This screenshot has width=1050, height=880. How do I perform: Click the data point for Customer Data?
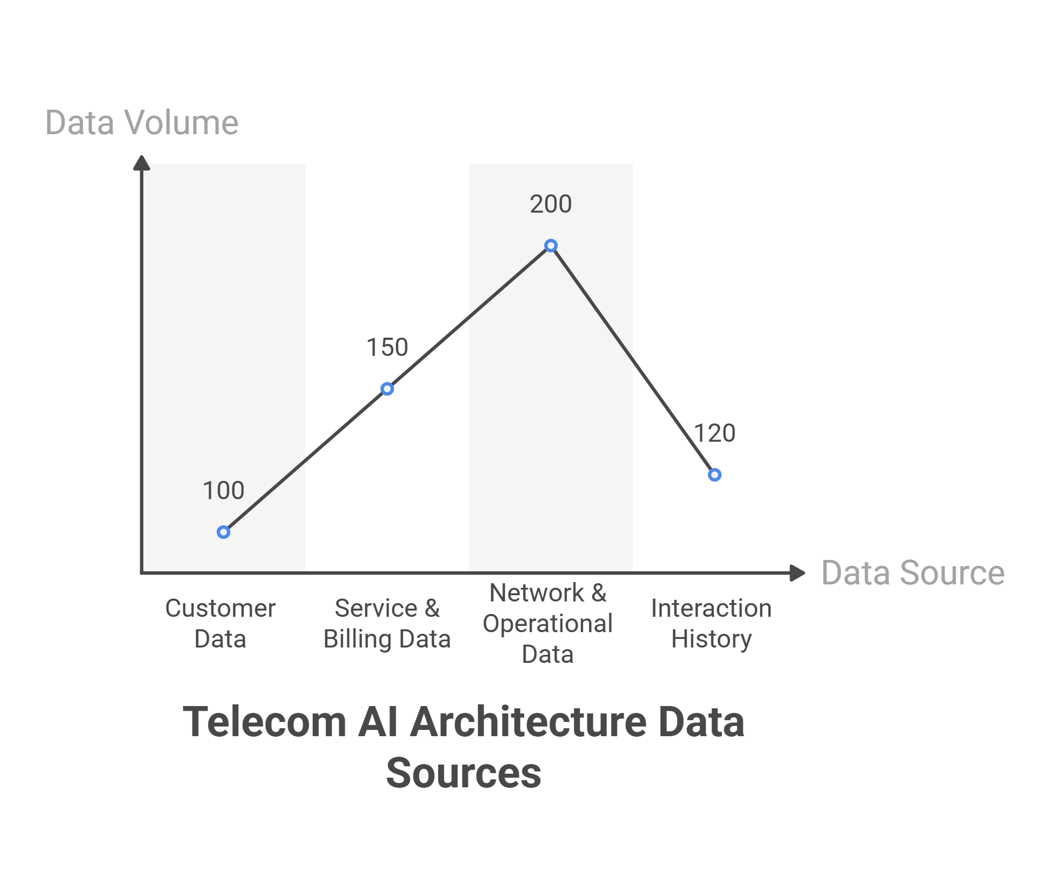(223, 532)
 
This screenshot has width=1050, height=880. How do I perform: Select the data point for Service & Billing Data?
(387, 389)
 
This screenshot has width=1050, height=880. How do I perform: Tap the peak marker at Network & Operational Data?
(551, 246)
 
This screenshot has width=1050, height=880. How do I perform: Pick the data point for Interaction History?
(715, 475)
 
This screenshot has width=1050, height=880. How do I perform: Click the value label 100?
(223, 491)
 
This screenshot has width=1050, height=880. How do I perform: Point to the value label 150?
(387, 347)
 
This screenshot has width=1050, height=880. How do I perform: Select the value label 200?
(551, 204)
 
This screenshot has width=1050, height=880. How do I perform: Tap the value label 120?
(715, 433)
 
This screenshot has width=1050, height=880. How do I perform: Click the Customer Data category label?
(221, 624)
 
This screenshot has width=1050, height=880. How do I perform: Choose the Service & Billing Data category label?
(387, 624)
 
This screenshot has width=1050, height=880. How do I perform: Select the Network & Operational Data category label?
(548, 624)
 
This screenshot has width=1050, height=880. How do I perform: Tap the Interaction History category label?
(712, 624)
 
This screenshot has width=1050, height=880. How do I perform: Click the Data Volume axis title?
(142, 122)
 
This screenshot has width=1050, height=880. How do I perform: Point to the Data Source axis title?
(913, 572)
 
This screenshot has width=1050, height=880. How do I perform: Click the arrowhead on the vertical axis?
(142, 163)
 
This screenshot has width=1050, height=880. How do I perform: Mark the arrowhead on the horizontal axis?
(798, 573)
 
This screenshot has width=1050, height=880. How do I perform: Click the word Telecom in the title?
(264, 722)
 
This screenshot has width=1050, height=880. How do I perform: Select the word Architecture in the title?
(529, 722)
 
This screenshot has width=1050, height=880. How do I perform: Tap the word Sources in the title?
(463, 773)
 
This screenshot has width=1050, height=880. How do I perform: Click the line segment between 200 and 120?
(633, 360)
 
